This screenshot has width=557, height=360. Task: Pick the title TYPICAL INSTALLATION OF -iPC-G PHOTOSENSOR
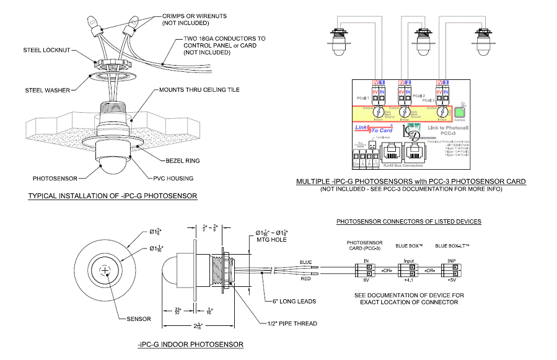(x=113, y=196)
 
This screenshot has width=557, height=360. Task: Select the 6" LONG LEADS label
(x=295, y=301)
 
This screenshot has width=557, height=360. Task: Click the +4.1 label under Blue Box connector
(x=409, y=280)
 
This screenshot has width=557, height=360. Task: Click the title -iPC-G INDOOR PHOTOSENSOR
(x=190, y=344)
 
